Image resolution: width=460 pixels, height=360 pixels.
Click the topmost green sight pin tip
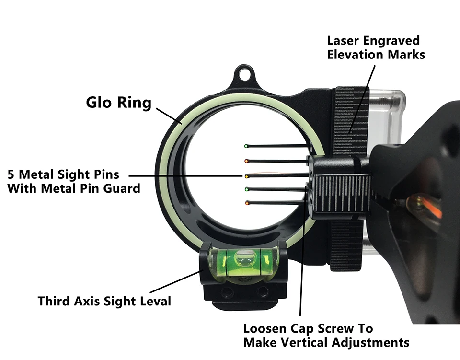(x=246, y=146)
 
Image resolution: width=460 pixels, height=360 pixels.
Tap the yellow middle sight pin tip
(x=247, y=176)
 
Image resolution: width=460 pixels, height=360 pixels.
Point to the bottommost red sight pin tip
(x=247, y=203)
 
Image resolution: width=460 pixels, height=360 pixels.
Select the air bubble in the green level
(x=245, y=257)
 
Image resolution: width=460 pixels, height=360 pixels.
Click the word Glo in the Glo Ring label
(x=98, y=103)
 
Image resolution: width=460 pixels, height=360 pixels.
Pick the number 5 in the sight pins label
(x=11, y=174)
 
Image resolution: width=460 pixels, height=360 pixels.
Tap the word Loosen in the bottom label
(x=264, y=329)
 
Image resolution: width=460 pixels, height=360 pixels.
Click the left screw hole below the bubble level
(x=226, y=292)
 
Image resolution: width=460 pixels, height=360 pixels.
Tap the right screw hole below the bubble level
(x=262, y=291)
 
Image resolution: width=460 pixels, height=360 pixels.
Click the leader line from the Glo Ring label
(x=169, y=116)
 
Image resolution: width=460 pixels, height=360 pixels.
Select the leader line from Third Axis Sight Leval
(x=175, y=282)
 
